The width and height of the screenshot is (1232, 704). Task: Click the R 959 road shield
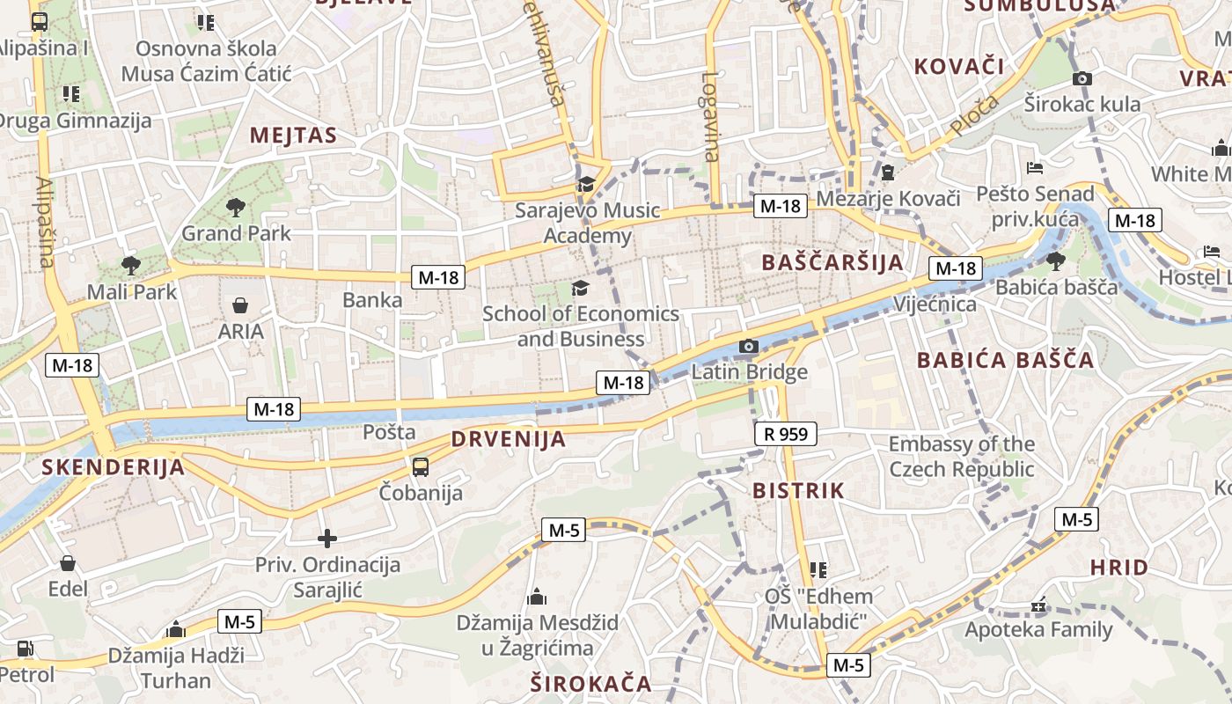tap(786, 433)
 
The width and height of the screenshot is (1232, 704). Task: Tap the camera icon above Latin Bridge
tap(749, 347)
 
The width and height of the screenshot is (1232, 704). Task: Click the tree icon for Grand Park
tap(235, 208)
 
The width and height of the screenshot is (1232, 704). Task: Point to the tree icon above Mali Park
tap(131, 265)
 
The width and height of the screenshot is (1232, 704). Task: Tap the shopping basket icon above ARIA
tap(240, 305)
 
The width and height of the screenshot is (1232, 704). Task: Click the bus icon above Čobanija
tap(421, 467)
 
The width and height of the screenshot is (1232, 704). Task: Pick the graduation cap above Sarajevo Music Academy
tap(585, 184)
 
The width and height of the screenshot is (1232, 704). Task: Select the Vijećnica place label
tap(935, 304)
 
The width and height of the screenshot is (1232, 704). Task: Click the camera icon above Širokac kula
tap(1082, 78)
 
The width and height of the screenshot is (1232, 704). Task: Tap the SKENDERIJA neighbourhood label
tap(113, 467)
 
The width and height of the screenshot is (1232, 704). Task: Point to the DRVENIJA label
tap(508, 439)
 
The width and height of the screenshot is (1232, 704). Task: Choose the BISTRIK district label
tap(798, 490)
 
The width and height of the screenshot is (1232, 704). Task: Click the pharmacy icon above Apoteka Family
tap(1039, 606)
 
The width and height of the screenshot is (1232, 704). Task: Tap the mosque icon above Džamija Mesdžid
tap(536, 598)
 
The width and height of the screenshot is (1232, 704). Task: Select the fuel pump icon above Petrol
tap(26, 649)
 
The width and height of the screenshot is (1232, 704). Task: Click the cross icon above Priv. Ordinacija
tap(327, 539)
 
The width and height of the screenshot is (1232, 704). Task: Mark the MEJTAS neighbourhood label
tap(293, 135)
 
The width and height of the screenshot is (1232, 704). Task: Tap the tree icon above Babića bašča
tap(1055, 260)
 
